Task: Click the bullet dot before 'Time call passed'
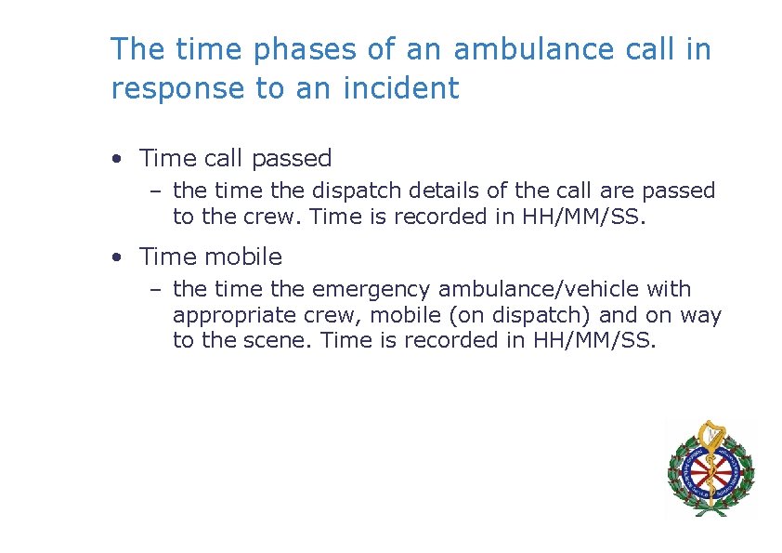click(115, 160)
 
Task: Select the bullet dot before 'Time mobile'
click(115, 257)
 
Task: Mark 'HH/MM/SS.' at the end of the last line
click(594, 340)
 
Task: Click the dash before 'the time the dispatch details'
click(155, 192)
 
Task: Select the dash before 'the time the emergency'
click(155, 291)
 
